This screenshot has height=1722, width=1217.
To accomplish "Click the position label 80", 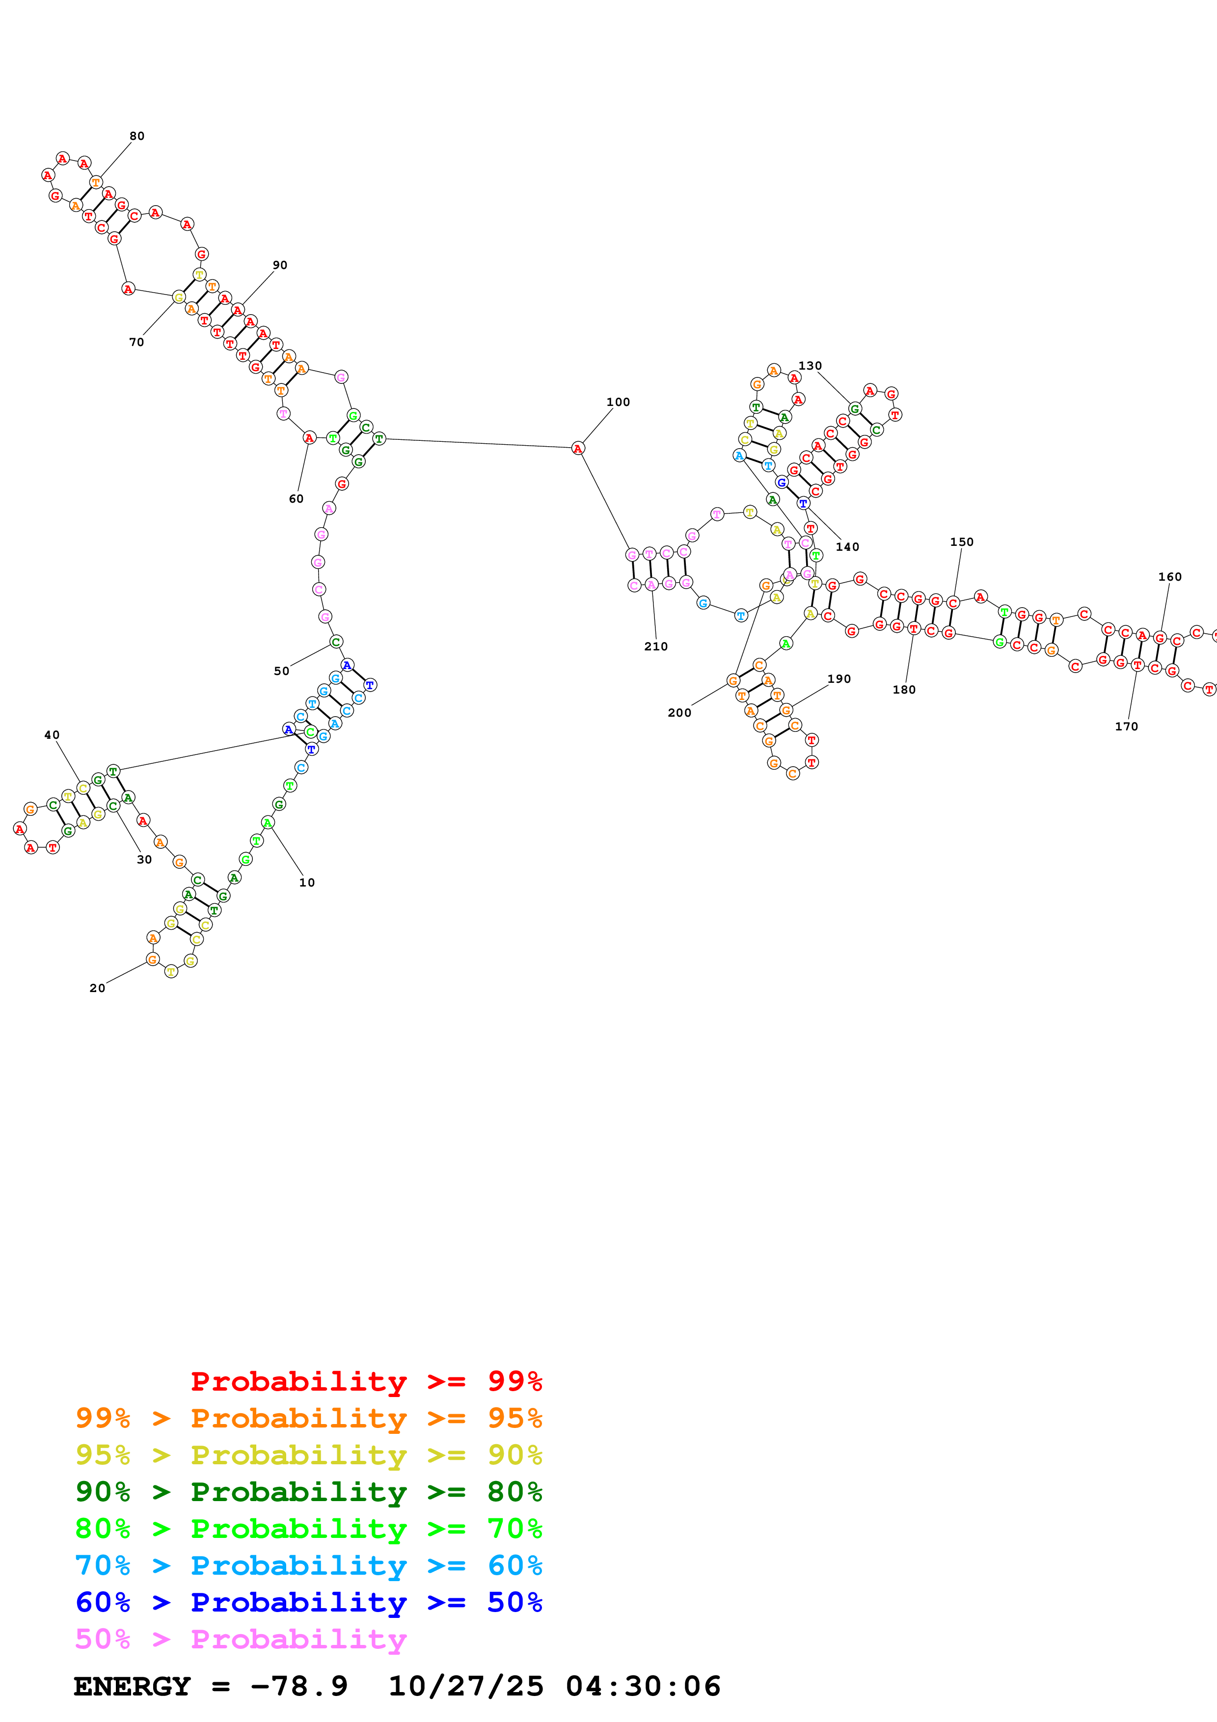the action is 136,136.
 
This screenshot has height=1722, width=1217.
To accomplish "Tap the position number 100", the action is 618,402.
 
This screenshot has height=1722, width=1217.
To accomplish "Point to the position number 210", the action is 655,646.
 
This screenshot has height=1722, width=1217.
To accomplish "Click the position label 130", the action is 810,366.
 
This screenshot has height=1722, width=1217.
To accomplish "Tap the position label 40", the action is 52,735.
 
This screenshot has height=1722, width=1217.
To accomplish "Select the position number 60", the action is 296,499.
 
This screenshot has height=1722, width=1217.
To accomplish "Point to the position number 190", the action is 839,679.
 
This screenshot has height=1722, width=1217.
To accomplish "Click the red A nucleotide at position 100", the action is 577,449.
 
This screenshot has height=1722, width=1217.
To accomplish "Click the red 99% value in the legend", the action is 514,1381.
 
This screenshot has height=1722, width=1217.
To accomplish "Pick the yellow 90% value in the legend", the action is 514,1455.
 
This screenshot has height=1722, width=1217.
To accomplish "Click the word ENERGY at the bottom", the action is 132,1686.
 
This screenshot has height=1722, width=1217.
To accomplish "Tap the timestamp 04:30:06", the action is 643,1686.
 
